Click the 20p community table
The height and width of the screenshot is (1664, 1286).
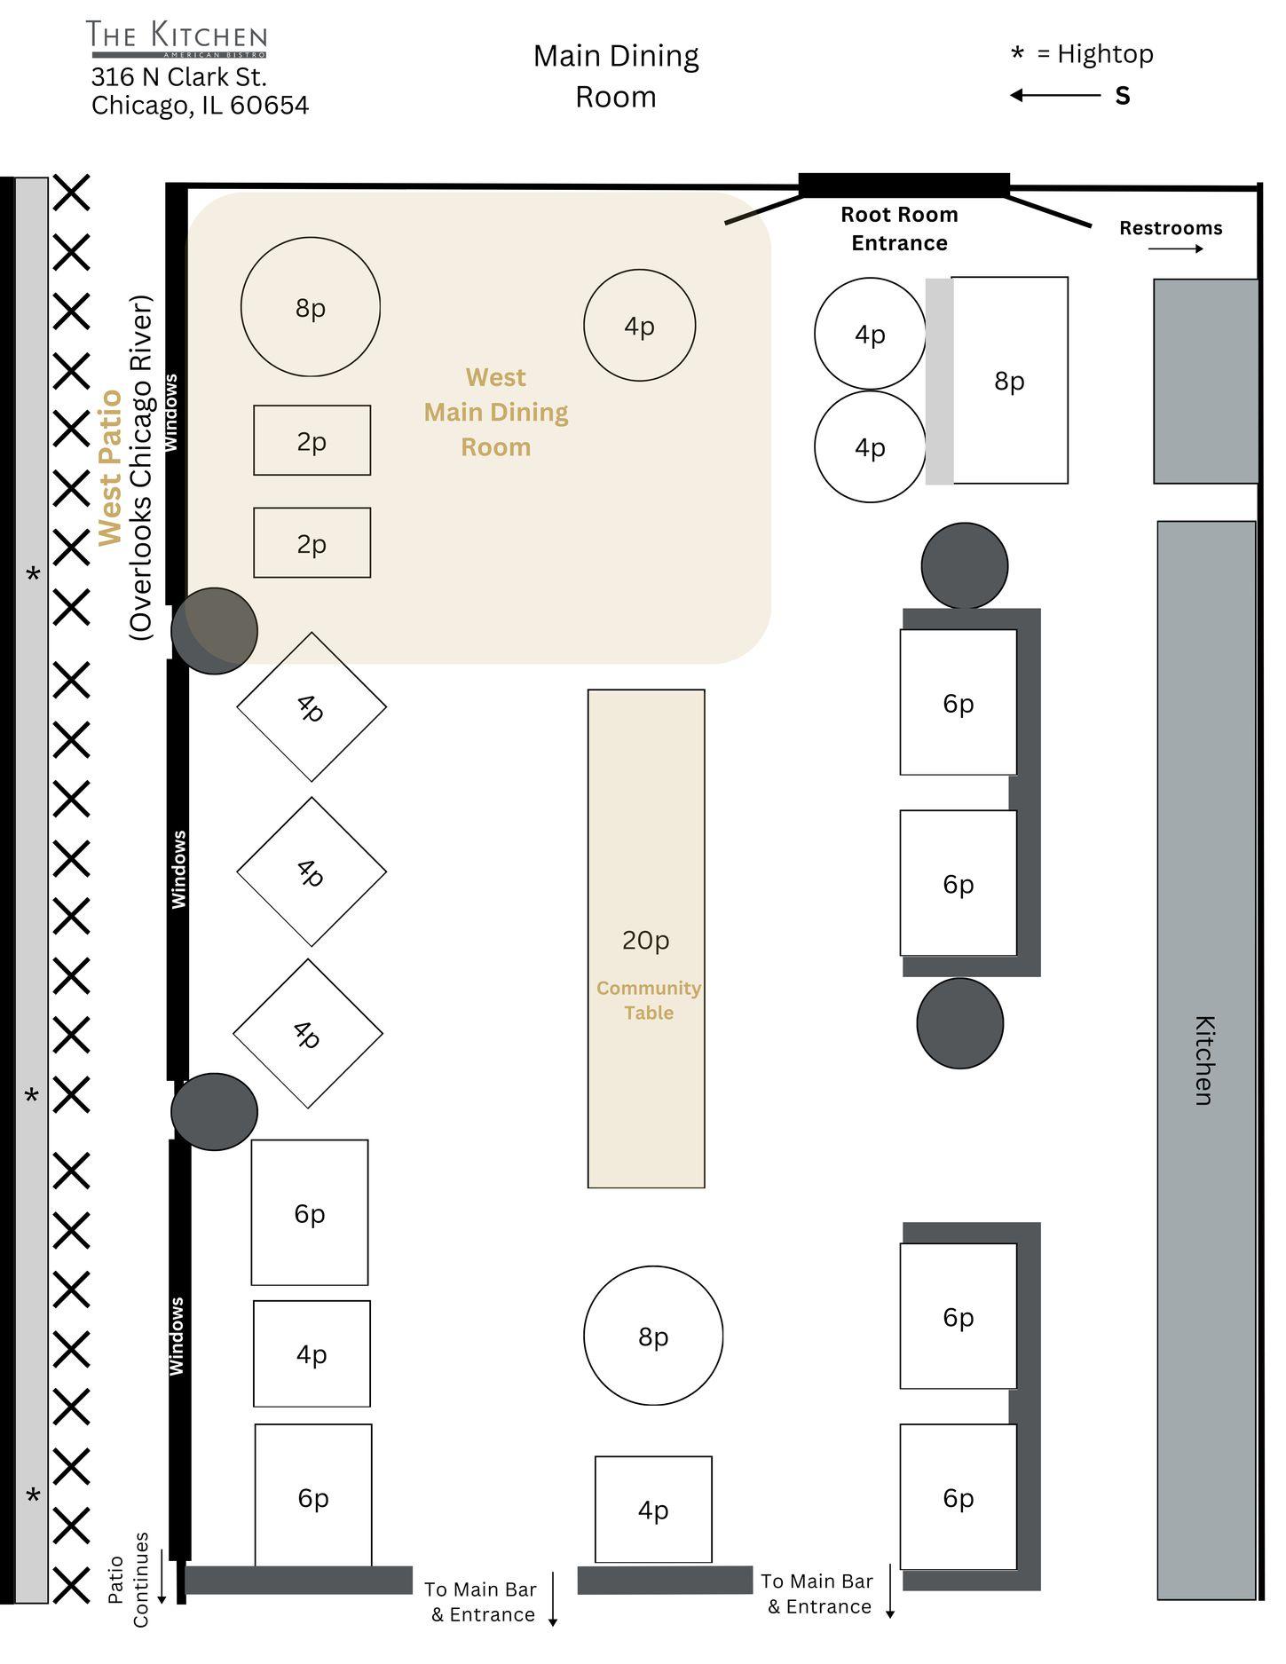point(646,938)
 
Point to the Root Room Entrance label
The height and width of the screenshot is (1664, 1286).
point(899,229)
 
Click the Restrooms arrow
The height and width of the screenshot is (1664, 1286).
point(1175,248)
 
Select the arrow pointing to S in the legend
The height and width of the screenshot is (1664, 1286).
point(1055,95)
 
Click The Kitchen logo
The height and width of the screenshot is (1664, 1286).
point(177,39)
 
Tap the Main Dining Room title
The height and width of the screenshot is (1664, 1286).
point(616,75)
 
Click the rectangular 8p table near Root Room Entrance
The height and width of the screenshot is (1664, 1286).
point(1009,380)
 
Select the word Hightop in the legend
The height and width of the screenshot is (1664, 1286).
point(1105,54)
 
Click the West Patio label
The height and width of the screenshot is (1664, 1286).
point(110,468)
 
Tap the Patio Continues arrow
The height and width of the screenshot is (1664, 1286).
point(162,1576)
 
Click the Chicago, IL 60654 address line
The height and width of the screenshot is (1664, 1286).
point(200,106)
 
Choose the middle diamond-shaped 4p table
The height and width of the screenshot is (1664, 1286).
point(312,871)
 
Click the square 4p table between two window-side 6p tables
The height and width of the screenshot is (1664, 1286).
point(312,1353)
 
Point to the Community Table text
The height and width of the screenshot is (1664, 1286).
point(649,1000)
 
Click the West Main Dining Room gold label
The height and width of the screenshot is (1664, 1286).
point(496,412)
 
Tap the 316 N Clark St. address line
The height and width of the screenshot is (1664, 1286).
point(179,76)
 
